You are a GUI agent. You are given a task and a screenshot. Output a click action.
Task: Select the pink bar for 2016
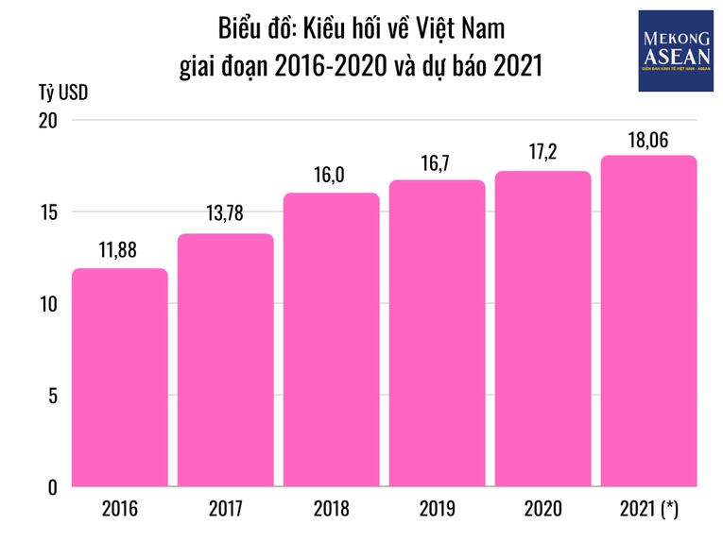click(x=120, y=378)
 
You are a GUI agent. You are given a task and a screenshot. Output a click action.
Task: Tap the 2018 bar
click(x=332, y=340)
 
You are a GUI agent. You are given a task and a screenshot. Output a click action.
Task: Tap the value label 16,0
click(x=332, y=175)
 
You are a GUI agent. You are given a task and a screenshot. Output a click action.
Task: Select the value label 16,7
click(x=438, y=162)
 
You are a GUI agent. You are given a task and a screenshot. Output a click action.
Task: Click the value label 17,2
click(x=543, y=153)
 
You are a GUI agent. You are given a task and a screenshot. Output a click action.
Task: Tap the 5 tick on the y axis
click(x=53, y=396)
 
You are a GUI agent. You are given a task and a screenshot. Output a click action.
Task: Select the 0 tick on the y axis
click(x=53, y=487)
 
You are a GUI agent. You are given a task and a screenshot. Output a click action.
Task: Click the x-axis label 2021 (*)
click(x=649, y=511)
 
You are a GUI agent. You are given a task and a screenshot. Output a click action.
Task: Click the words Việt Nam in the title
click(x=458, y=28)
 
